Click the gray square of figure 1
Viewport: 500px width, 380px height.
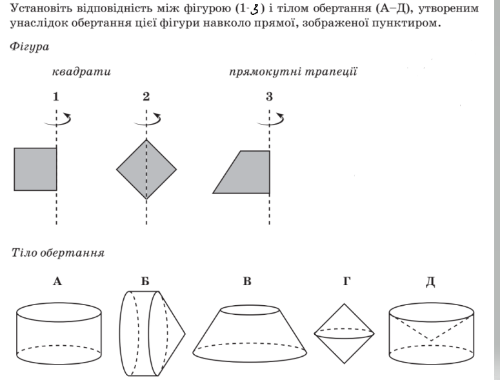point(35,169)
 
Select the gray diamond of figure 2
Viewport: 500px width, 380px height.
point(146,169)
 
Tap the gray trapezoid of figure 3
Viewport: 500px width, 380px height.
point(246,172)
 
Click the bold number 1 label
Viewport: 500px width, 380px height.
point(55,96)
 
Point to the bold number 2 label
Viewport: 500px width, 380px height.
point(146,96)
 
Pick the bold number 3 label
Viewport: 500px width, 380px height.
point(269,96)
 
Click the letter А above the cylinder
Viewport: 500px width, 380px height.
point(57,281)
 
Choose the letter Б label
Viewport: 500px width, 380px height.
point(145,281)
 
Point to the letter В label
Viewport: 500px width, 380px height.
point(247,281)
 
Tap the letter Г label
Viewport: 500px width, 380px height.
point(346,281)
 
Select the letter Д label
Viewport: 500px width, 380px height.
point(430,282)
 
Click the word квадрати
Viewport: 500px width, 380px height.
point(81,72)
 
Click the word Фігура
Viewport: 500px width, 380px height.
point(30,47)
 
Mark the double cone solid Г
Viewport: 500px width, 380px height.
point(344,334)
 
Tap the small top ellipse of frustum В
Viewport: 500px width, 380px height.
point(250,310)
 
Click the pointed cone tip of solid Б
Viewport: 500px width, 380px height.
point(185,334)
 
